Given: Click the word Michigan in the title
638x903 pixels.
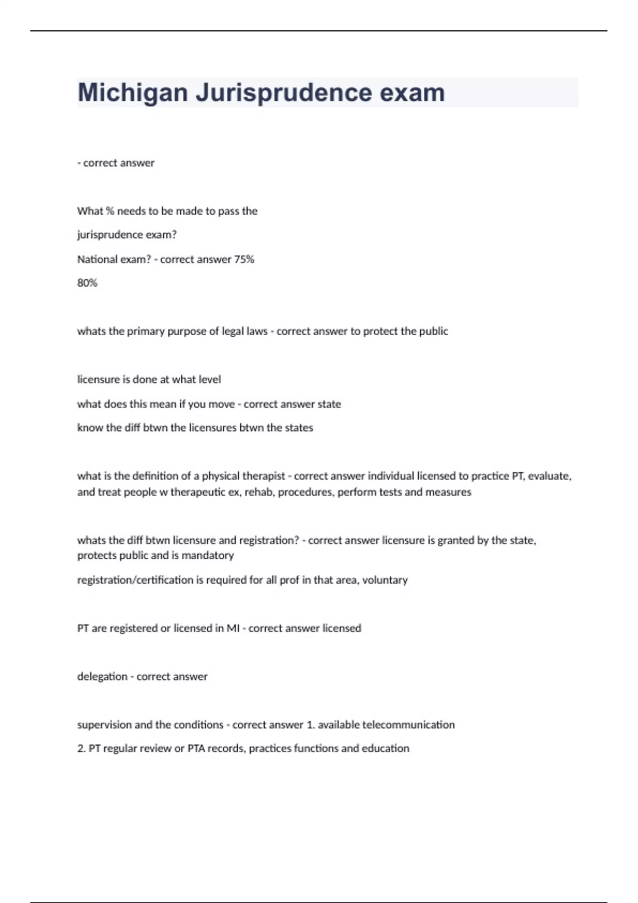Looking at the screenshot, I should point(132,93).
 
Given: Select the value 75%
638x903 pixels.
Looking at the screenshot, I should point(244,259).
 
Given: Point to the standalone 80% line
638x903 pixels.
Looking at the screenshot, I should point(87,283).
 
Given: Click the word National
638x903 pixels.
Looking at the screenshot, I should point(95,259).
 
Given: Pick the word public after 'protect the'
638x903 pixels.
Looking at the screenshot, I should point(433,331).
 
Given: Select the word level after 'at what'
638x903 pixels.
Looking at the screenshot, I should point(209,379).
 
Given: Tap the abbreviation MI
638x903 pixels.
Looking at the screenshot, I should point(233,628).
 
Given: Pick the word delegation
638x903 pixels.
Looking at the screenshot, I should point(102,677).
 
